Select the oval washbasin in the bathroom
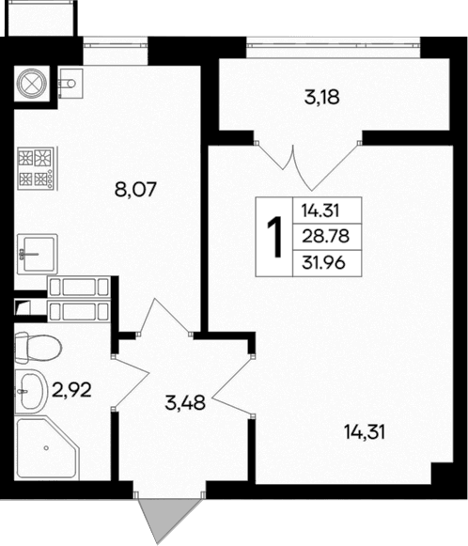(31, 389)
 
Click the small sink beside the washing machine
(69, 86)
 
